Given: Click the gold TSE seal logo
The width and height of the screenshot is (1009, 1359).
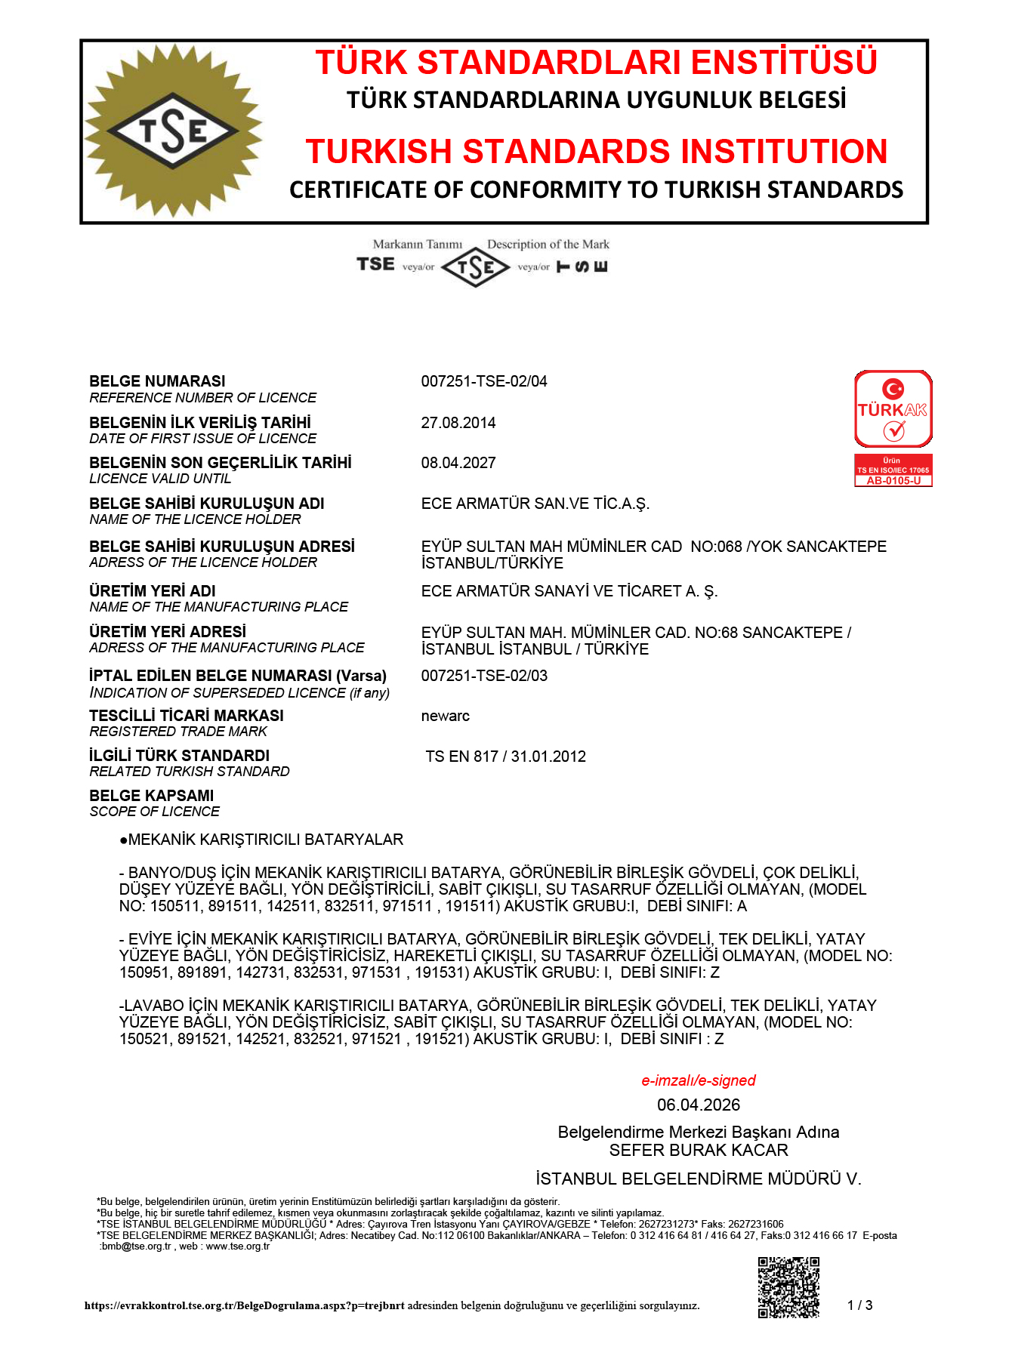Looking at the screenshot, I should (173, 131).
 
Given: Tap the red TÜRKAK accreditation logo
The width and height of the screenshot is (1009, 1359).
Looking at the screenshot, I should (893, 409).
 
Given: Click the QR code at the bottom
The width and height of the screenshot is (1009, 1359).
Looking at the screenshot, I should (788, 1287).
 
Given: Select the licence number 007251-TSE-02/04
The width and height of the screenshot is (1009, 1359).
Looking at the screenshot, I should (483, 381).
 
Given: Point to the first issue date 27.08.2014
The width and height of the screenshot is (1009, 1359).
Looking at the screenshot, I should (458, 423).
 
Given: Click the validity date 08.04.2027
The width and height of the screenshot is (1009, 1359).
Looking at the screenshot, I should (458, 463).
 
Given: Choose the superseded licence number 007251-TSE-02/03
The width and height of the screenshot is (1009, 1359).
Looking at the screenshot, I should (483, 676).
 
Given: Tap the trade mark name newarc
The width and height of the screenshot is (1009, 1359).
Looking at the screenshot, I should (445, 716).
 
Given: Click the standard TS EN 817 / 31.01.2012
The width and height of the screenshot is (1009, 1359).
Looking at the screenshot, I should (505, 757).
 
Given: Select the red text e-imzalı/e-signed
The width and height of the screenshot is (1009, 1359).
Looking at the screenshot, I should (698, 1080).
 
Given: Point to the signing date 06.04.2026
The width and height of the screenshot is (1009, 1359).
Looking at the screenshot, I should (698, 1105).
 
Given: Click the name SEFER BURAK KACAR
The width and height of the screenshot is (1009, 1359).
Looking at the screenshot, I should (698, 1150).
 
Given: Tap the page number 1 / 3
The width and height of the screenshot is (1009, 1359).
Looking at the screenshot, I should (859, 1305).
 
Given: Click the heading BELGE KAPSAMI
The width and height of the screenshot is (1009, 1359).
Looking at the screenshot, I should (151, 796).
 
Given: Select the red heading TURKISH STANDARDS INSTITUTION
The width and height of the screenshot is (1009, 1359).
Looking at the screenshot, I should (596, 151).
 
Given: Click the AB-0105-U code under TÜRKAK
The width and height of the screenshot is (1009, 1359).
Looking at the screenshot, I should (893, 481).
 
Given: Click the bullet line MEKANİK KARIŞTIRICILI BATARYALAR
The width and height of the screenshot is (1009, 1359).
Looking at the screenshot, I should (261, 840).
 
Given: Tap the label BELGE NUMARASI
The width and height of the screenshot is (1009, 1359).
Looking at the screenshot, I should (157, 381).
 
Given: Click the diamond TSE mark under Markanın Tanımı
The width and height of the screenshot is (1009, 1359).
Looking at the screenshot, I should (475, 267).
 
